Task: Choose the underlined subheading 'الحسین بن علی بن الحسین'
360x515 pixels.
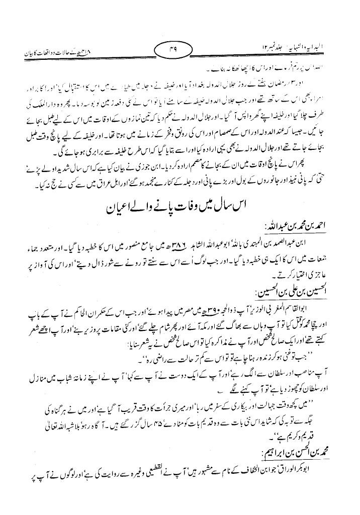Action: pyautogui.click(x=288, y=293)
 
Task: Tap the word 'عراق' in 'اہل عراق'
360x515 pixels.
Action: pyautogui.click(x=119, y=176)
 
